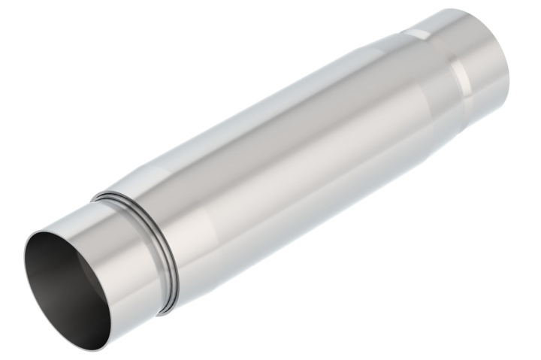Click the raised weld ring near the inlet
(x=169, y=248)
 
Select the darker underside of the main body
(x=316, y=218)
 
